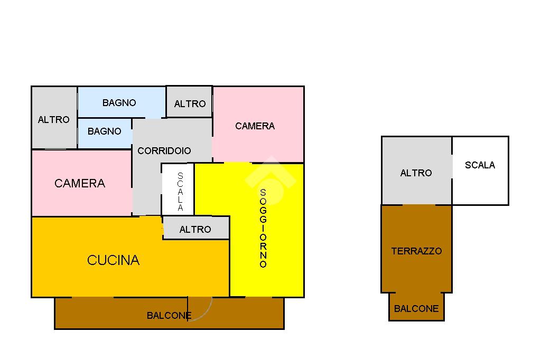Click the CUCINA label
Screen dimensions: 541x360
click(x=113, y=260)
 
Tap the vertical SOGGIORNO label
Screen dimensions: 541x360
click(x=263, y=229)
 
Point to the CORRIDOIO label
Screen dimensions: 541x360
click(x=164, y=151)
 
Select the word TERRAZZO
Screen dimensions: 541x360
click(x=416, y=251)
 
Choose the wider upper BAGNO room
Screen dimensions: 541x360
click(x=122, y=102)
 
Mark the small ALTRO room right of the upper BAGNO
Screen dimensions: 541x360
click(x=189, y=102)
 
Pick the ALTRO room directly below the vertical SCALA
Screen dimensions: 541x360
click(x=195, y=229)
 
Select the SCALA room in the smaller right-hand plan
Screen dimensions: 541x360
click(x=480, y=170)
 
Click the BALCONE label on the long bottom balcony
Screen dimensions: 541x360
click(x=169, y=316)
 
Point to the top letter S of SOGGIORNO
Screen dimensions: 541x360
click(x=263, y=193)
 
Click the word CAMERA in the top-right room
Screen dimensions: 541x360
click(x=255, y=126)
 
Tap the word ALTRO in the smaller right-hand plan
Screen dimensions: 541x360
click(x=416, y=173)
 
